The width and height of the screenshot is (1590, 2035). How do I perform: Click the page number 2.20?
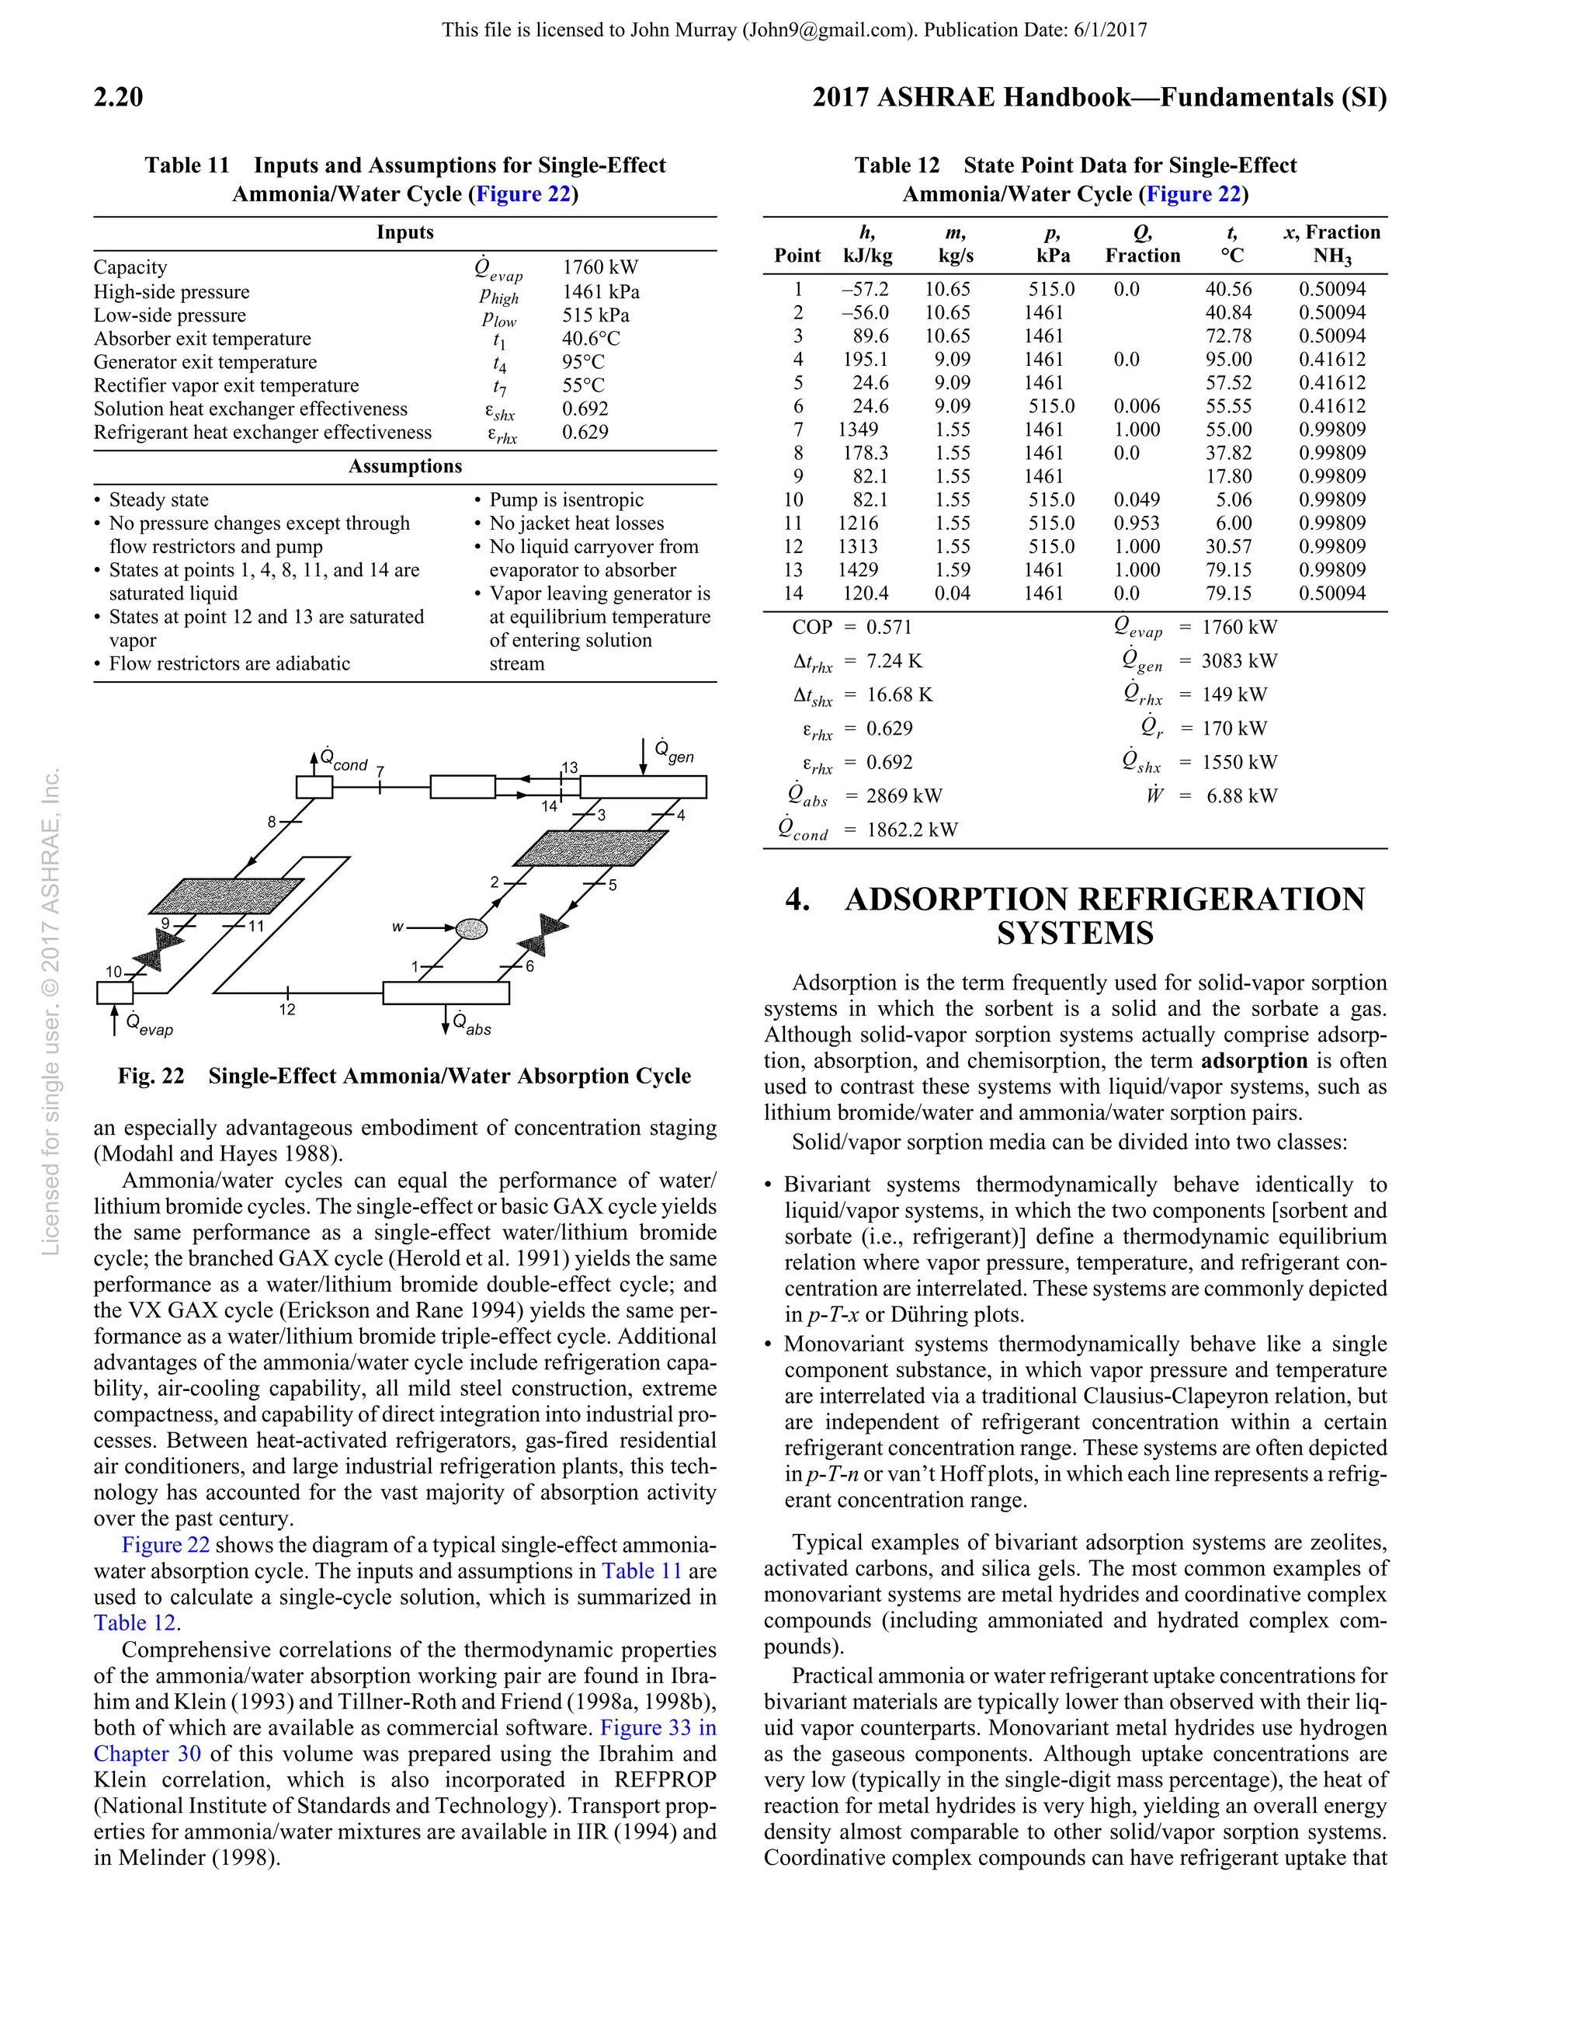(118, 98)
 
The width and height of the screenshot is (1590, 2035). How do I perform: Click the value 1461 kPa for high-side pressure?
(600, 291)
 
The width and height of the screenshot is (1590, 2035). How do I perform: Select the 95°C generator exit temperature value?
(582, 361)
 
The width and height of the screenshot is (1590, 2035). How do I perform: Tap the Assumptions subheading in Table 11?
(404, 466)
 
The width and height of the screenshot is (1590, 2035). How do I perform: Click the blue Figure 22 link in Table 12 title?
(1193, 194)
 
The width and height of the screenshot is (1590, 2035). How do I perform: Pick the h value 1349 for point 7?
(857, 430)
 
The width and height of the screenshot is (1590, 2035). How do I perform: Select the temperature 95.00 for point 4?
(1227, 360)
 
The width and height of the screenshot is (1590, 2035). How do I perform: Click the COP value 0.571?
(889, 627)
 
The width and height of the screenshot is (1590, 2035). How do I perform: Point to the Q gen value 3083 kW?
(1239, 661)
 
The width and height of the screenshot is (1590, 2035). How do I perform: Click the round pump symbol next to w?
(471, 928)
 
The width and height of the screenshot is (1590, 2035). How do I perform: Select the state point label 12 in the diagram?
(287, 1009)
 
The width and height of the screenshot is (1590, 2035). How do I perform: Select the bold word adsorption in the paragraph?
(1255, 1060)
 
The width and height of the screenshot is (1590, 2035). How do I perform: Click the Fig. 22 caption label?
(151, 1077)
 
